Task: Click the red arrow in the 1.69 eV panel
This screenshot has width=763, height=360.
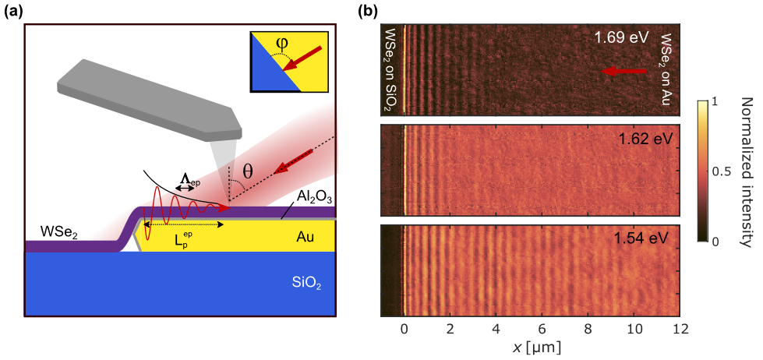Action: coord(623,71)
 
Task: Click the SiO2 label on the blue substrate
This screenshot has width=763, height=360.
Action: coord(306,282)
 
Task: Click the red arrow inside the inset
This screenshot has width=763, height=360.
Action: coord(307,58)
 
